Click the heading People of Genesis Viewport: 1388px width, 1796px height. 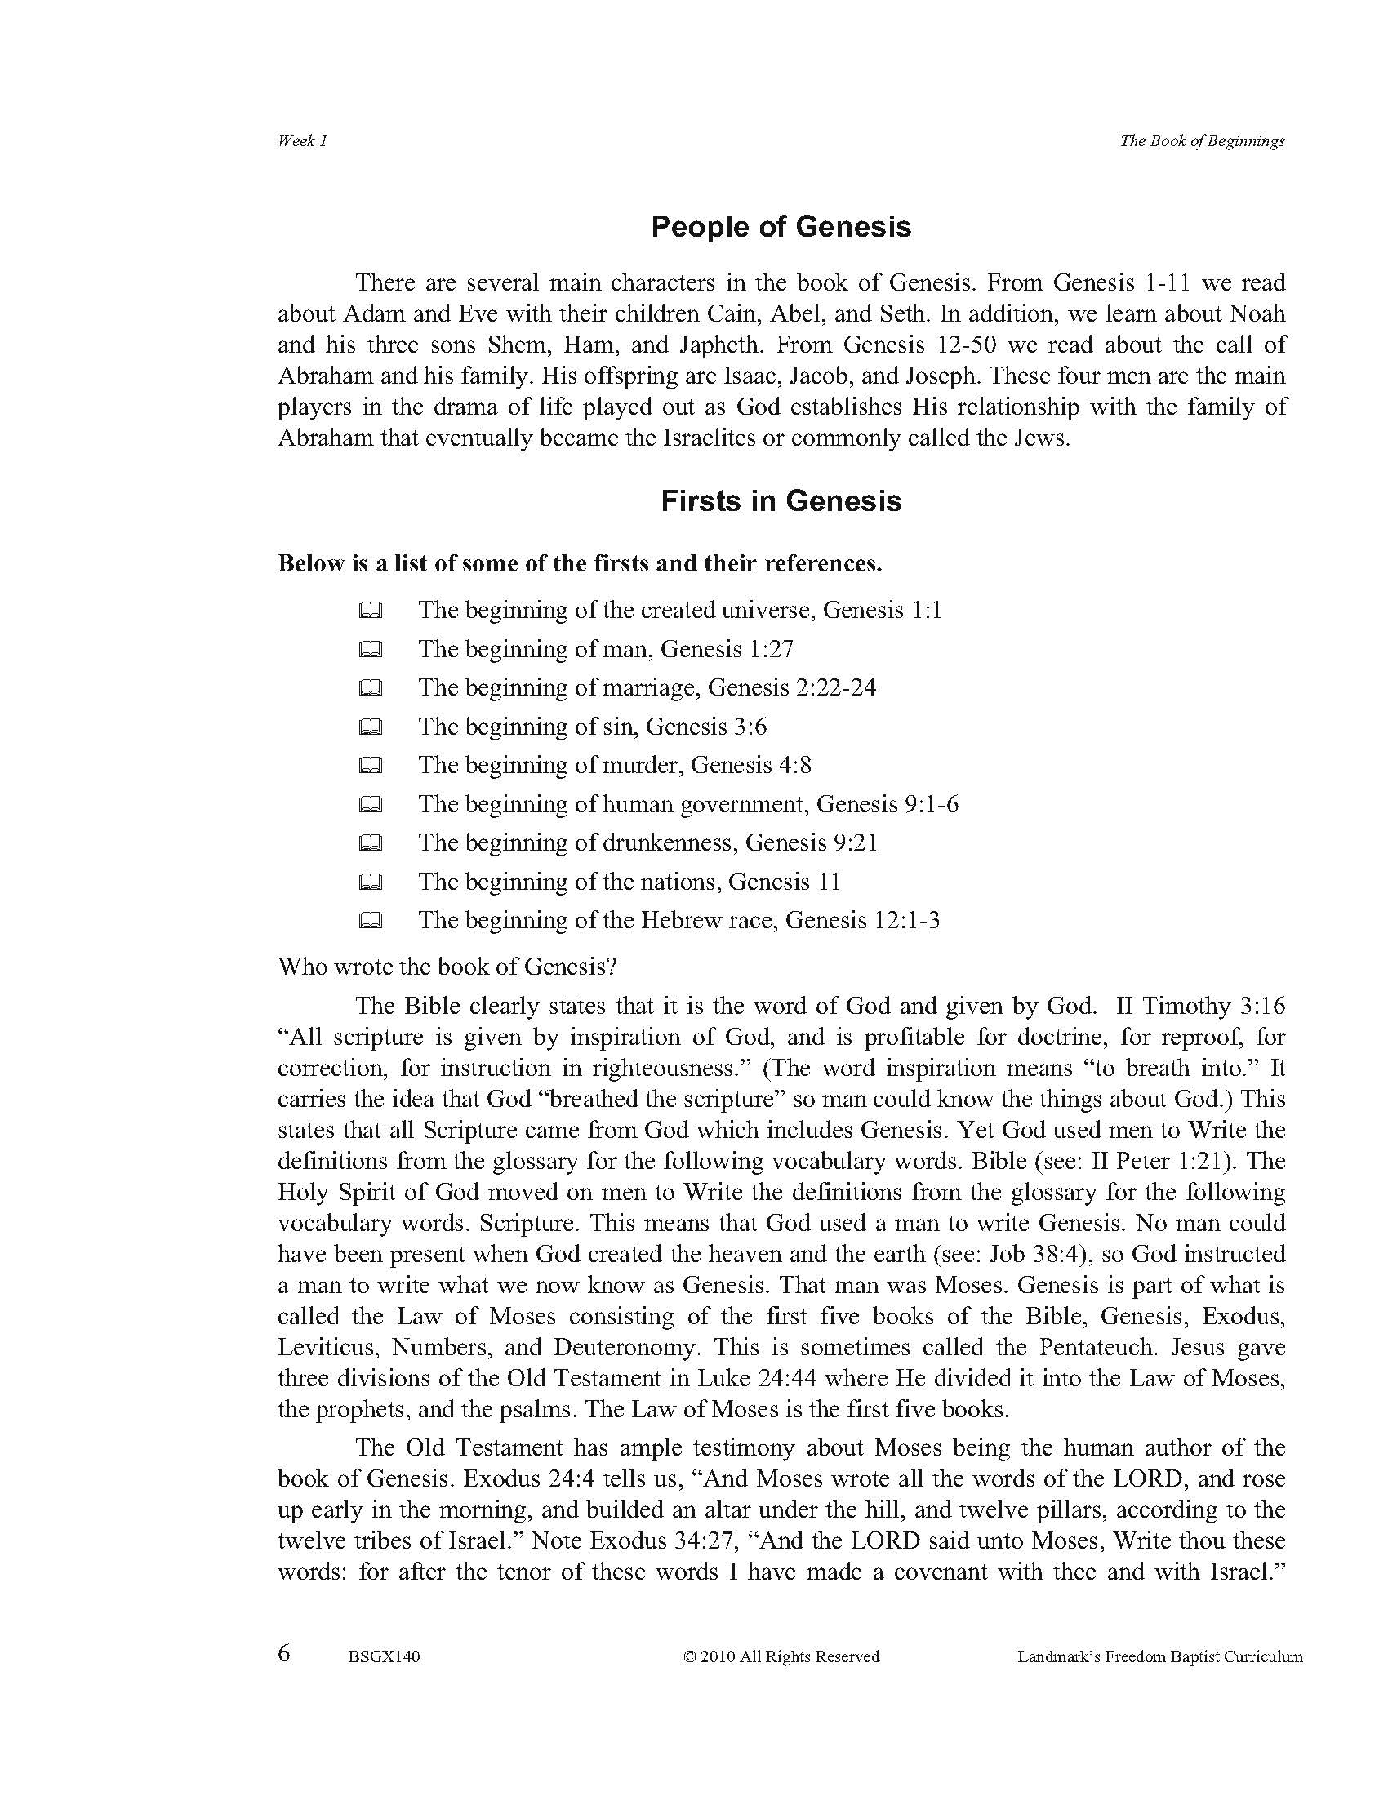tap(781, 227)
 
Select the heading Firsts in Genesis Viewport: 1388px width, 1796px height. tap(781, 500)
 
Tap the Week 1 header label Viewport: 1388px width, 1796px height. tap(303, 140)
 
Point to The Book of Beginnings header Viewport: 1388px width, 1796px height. tap(1201, 140)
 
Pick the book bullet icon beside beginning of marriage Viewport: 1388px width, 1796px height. tap(370, 688)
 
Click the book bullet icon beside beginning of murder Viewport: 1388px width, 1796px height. tap(370, 766)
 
